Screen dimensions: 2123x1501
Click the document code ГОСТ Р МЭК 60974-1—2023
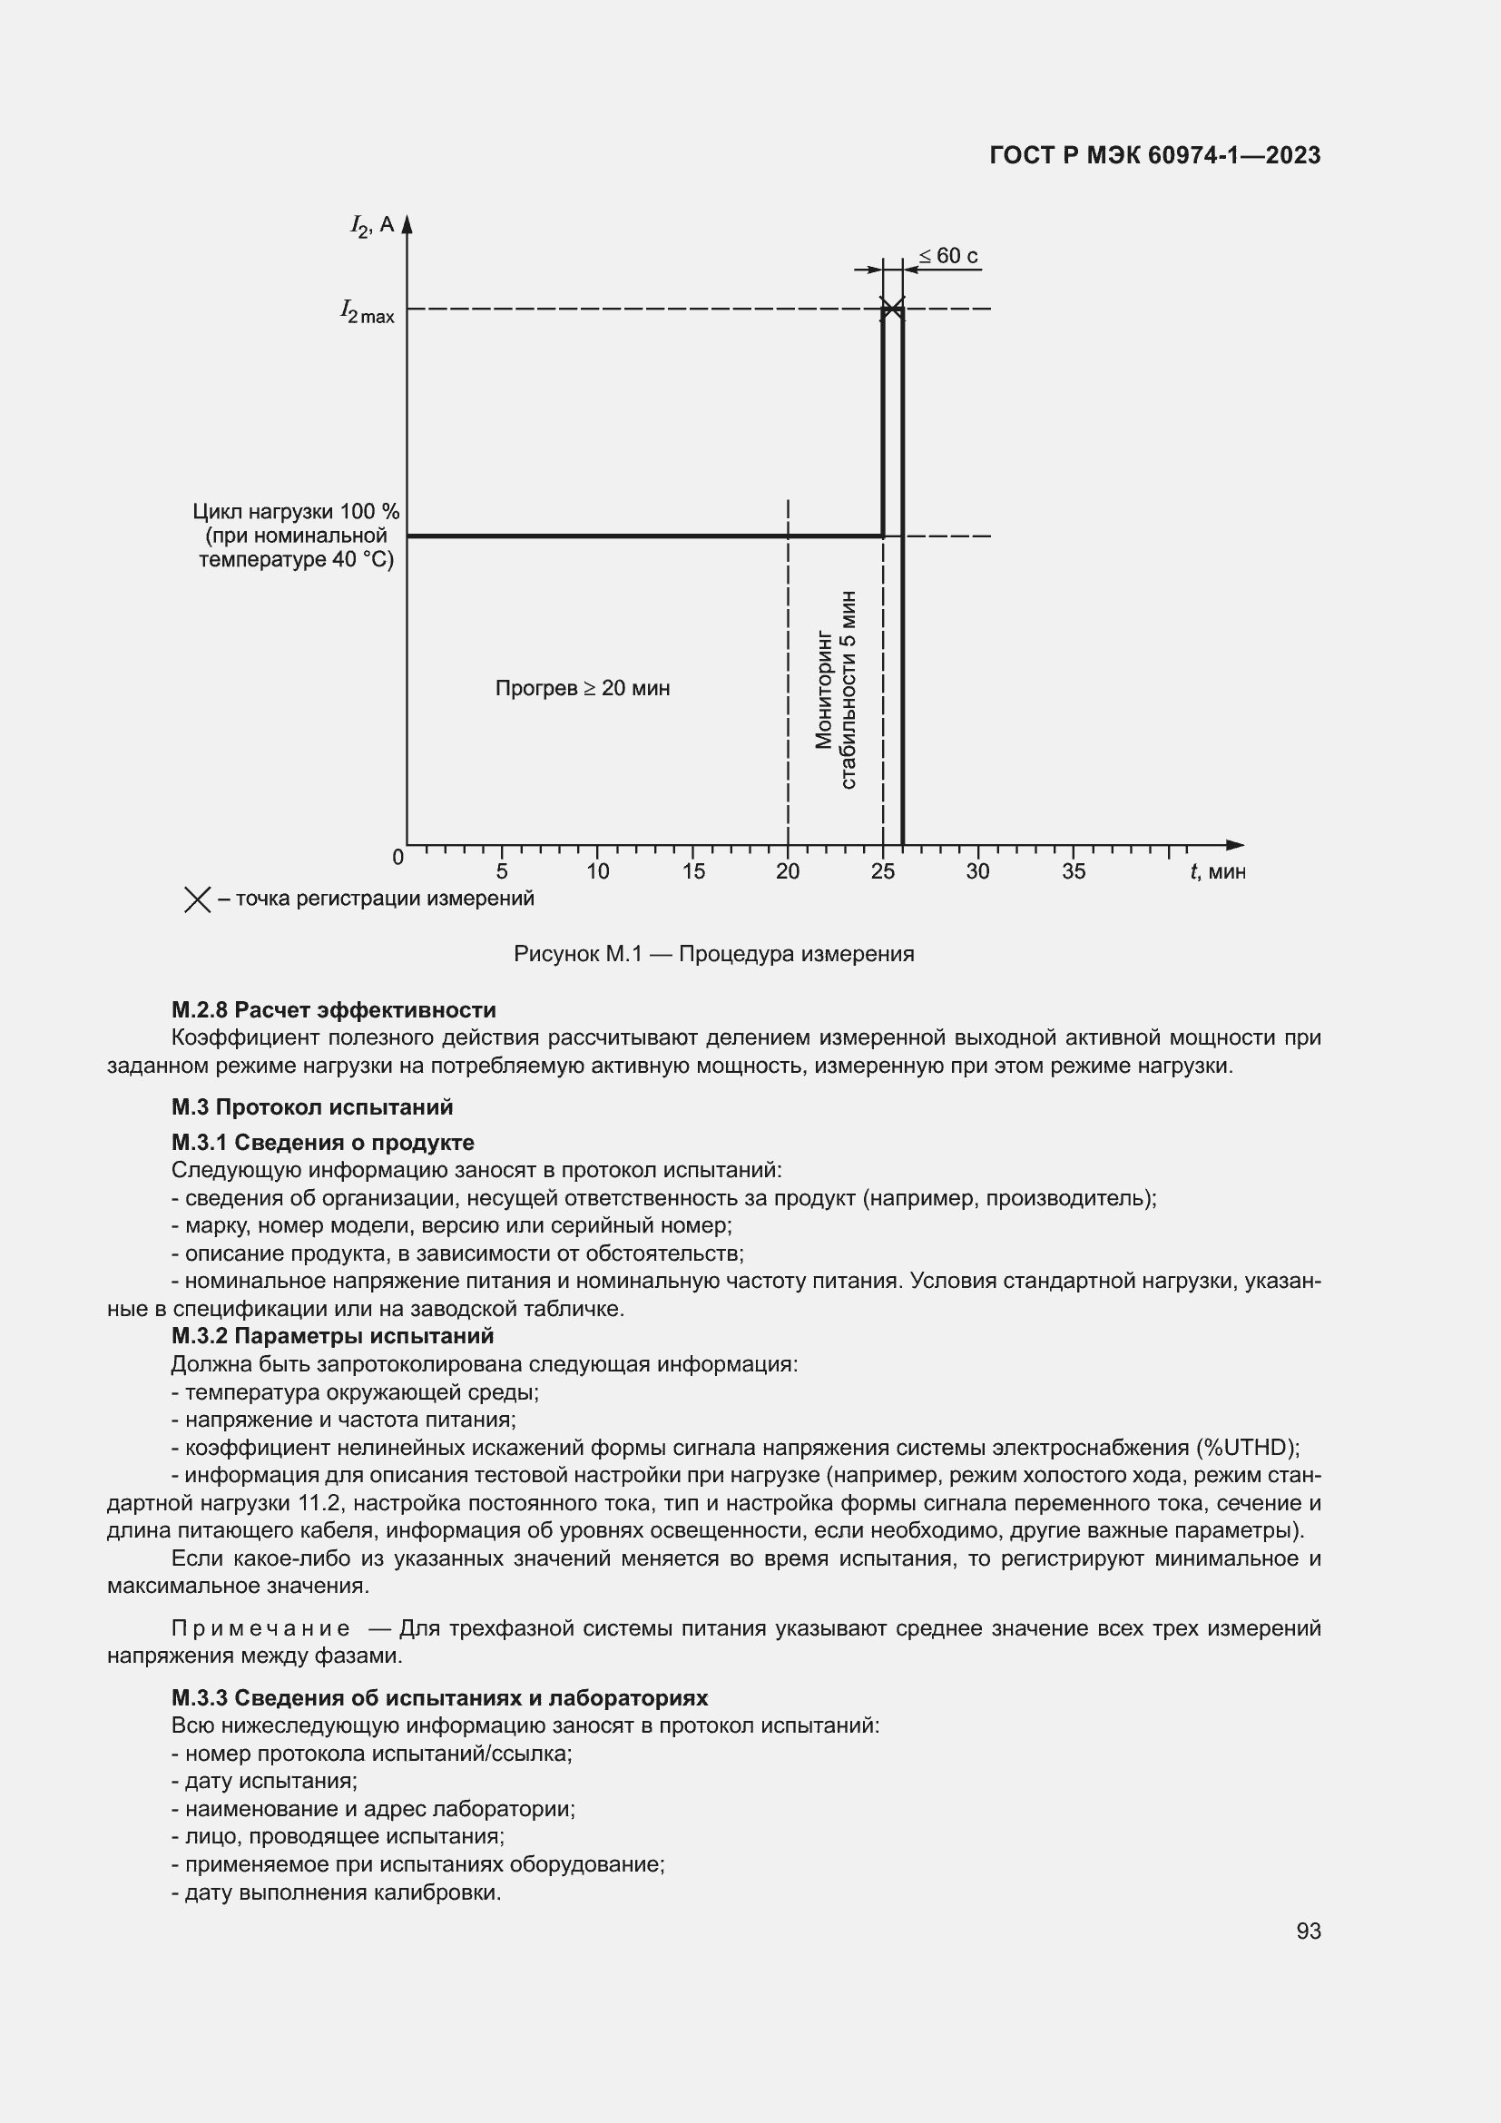[1154, 155]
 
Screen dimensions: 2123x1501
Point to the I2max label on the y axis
[367, 311]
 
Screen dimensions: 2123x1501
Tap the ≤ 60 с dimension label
[948, 256]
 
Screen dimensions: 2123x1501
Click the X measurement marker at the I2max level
[892, 308]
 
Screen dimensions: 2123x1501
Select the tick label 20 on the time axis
[788, 871]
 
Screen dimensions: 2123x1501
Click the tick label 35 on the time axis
[1073, 871]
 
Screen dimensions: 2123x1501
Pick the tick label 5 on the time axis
[502, 871]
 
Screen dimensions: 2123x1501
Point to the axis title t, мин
[1217, 871]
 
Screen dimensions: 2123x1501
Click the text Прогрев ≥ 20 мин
[583, 688]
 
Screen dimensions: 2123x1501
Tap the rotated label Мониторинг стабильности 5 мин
[836, 689]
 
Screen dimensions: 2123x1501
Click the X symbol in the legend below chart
[198, 899]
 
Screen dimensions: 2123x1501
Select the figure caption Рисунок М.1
[713, 953]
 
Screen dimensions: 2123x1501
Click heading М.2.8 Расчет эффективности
[334, 1009]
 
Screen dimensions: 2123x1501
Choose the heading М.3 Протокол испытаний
[311, 1106]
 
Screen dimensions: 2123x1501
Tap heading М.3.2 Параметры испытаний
[333, 1336]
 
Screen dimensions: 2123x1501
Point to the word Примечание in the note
[260, 1628]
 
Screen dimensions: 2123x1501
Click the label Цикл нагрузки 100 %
[296, 511]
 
